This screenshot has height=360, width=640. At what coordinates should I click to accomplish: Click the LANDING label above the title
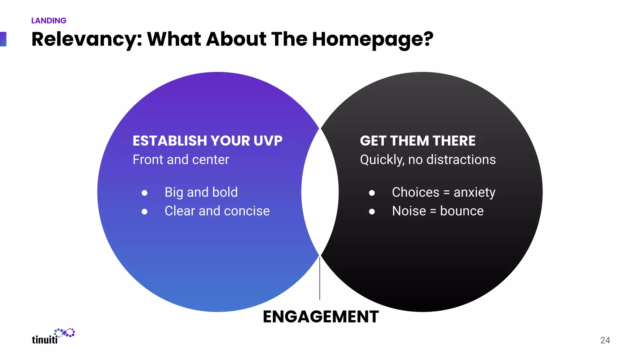pyautogui.click(x=49, y=21)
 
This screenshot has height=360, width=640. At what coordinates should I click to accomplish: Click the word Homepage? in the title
pyautogui.click(x=372, y=39)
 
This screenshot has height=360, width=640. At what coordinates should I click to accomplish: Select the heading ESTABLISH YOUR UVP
pyautogui.click(x=207, y=141)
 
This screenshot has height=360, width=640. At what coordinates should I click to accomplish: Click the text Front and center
pyautogui.click(x=181, y=160)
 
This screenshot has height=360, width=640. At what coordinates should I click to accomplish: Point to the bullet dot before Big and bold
pyautogui.click(x=144, y=193)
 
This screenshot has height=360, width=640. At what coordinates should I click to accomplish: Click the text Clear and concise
pyautogui.click(x=217, y=211)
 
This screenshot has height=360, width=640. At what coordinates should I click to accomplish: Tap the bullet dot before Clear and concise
pyautogui.click(x=144, y=212)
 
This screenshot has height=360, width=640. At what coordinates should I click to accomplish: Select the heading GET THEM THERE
pyautogui.click(x=417, y=141)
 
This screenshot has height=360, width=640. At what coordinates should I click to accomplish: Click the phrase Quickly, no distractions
pyautogui.click(x=427, y=160)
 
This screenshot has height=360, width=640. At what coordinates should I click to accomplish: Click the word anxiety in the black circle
pyautogui.click(x=474, y=192)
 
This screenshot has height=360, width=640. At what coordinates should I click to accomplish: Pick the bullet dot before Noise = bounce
pyautogui.click(x=372, y=212)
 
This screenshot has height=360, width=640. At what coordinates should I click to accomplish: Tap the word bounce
pyautogui.click(x=462, y=211)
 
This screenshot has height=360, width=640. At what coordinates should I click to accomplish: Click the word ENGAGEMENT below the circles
pyautogui.click(x=321, y=317)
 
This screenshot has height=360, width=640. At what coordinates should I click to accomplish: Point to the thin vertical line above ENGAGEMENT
pyautogui.click(x=320, y=278)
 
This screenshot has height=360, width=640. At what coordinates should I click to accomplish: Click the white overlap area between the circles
pyautogui.click(x=320, y=192)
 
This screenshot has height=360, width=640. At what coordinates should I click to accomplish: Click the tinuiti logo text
pyautogui.click(x=45, y=340)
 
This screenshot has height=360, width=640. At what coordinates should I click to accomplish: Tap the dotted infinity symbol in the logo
pyautogui.click(x=65, y=333)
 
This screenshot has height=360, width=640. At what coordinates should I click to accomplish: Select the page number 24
pyautogui.click(x=605, y=340)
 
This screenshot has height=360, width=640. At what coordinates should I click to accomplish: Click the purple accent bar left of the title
pyautogui.click(x=3, y=39)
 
